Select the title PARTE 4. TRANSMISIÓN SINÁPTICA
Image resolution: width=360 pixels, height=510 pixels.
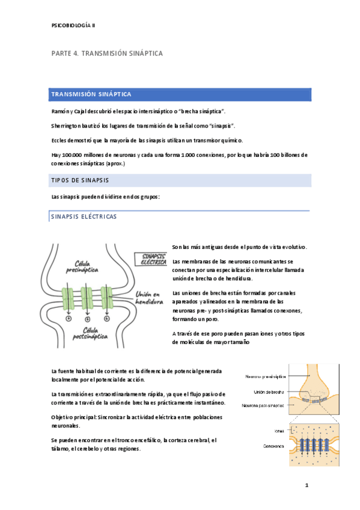coord(106,54)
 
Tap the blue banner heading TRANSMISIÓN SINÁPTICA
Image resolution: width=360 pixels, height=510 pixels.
coord(91,95)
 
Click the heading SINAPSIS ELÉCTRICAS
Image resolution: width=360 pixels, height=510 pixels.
coord(84,217)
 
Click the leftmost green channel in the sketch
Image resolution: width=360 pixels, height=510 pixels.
coord(68,299)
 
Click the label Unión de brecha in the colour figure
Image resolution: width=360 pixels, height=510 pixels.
coord(265,392)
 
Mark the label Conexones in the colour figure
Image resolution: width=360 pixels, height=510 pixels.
coord(270,446)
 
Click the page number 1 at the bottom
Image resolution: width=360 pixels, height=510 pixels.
coord(306,485)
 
